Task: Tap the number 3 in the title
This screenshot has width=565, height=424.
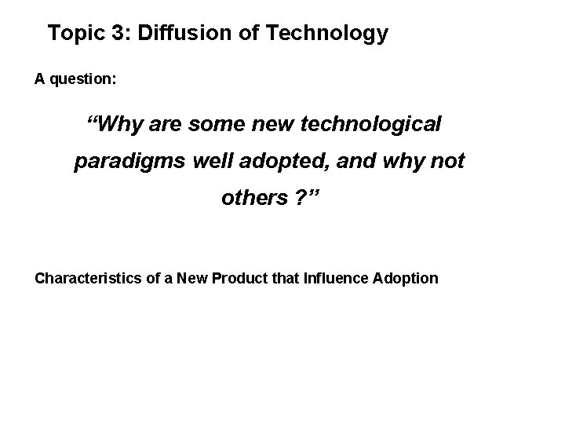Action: pos(116,33)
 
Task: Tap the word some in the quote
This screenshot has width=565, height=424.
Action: pos(222,124)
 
